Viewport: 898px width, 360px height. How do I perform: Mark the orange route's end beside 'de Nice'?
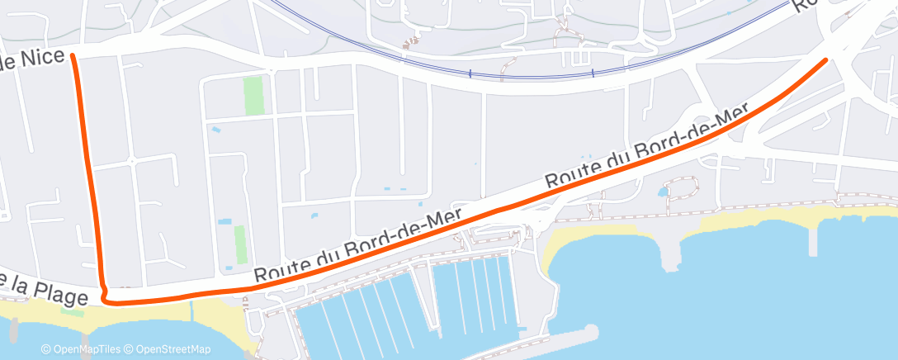(x=73, y=55)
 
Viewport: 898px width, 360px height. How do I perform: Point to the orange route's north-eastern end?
(x=825, y=60)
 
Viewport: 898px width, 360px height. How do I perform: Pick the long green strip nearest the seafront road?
(x=239, y=244)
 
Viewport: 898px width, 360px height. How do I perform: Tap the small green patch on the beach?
(x=73, y=312)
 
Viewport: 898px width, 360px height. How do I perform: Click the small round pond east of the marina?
(x=663, y=193)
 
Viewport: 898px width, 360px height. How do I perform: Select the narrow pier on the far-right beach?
(x=813, y=239)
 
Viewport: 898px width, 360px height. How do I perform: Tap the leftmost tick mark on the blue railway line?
(x=470, y=74)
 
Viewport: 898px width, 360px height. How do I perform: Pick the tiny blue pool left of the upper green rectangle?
(x=215, y=130)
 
